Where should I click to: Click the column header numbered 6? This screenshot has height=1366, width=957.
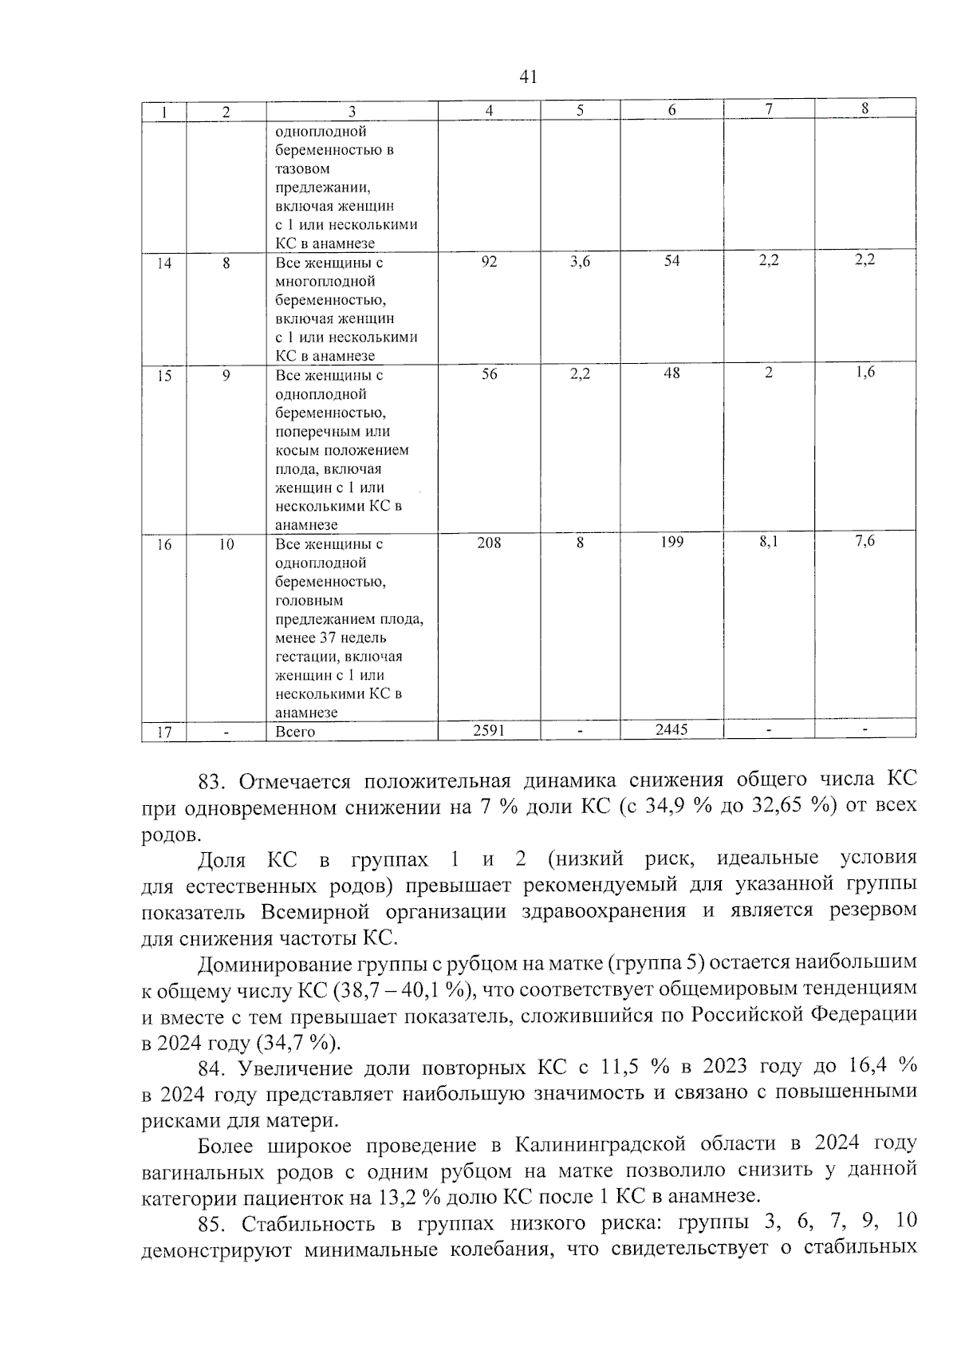[672, 111]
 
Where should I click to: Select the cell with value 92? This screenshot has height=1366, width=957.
[489, 261]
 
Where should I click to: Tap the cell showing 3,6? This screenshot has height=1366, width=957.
[580, 261]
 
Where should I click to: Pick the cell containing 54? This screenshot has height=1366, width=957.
[672, 261]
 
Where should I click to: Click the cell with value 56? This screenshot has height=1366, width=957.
[489, 373]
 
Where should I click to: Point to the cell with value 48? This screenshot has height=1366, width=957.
[672, 373]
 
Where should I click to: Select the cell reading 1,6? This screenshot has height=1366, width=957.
[864, 373]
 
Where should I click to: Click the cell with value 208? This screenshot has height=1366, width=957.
[489, 543]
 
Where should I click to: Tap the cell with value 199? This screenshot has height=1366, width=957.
[672, 543]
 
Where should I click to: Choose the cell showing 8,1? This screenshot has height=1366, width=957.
[769, 543]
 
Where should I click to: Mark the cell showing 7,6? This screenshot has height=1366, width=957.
[864, 542]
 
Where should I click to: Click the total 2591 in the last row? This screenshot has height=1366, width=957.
[489, 730]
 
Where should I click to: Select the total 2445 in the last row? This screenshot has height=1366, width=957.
[672, 729]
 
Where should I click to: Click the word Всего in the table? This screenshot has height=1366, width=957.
[295, 732]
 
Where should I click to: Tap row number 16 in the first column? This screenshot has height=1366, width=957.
[163, 544]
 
